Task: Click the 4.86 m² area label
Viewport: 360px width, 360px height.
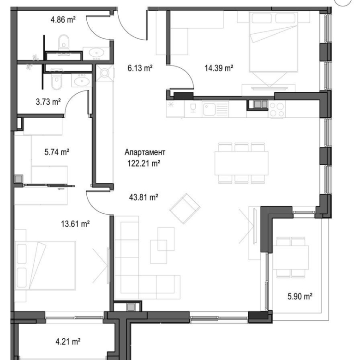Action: coord(63,19)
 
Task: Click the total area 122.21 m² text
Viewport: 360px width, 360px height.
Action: coord(144,162)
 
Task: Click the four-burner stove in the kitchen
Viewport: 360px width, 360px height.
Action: coord(277,109)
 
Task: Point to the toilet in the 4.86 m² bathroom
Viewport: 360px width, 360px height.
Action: coord(63,42)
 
